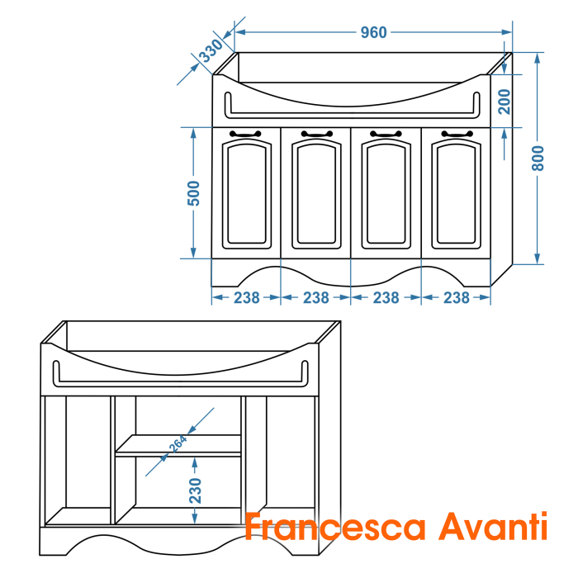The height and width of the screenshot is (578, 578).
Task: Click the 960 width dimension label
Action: point(373,32)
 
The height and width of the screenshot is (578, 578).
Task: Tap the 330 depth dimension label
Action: point(211,50)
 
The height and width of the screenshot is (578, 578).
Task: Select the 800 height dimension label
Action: point(538,159)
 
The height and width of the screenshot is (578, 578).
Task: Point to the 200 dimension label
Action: point(504,102)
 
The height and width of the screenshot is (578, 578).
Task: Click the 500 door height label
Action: point(193,193)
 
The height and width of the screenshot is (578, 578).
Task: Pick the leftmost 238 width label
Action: point(247,298)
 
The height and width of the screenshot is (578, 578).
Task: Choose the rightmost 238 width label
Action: point(457,298)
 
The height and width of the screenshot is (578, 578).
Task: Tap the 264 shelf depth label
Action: point(178,444)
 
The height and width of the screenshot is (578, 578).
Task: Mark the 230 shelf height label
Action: point(195,490)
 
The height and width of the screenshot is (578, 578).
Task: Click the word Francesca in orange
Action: point(335,527)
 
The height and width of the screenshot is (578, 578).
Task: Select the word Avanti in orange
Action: point(493,526)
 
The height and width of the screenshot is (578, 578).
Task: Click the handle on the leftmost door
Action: point(245,134)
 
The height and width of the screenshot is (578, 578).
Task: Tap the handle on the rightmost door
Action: point(457,134)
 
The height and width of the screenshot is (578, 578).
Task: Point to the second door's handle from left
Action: point(317,134)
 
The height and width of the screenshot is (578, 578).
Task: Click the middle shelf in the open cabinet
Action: point(178,445)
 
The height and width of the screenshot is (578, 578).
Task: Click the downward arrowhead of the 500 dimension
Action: point(193,253)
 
